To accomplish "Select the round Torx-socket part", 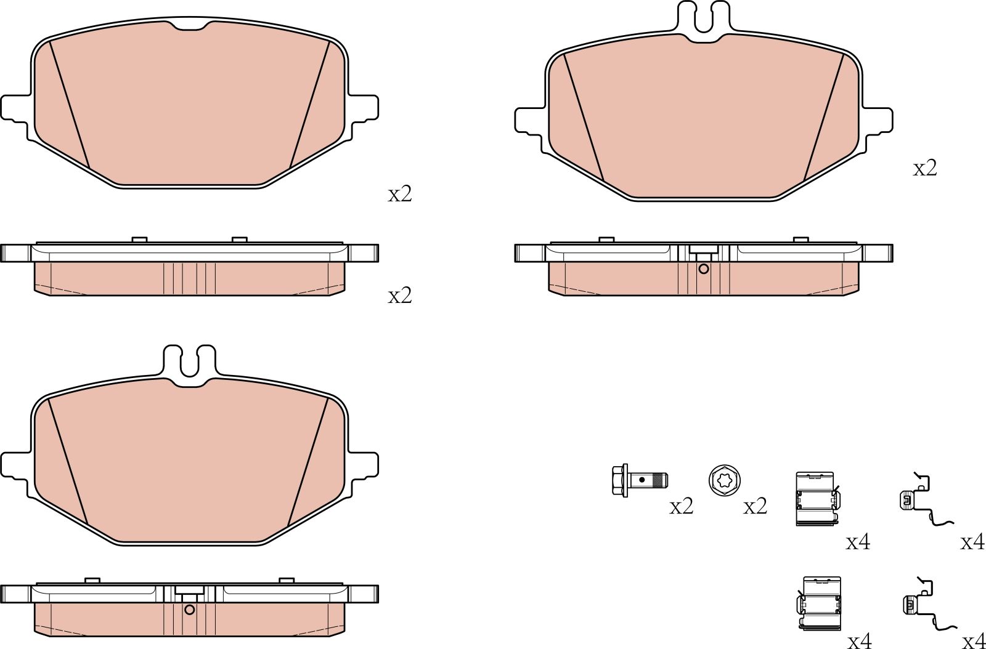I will click(724, 480).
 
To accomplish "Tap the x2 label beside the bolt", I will click(681, 506).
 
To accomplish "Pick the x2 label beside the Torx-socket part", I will click(755, 506).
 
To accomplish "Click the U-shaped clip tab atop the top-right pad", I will click(703, 18).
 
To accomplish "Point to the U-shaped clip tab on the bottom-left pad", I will click(189, 362).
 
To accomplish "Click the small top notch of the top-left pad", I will click(189, 25).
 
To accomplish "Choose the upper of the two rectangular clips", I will click(815, 499).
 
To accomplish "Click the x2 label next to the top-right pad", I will click(924, 167).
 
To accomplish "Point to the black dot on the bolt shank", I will click(642, 479).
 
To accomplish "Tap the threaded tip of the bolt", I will click(661, 479).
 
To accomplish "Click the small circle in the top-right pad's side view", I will click(704, 269).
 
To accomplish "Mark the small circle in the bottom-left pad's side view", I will click(189, 610).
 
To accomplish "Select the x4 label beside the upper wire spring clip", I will click(972, 542).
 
